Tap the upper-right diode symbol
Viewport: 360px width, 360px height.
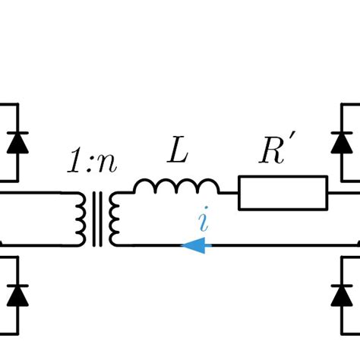click(x=343, y=142)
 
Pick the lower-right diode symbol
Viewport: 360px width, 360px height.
click(x=343, y=294)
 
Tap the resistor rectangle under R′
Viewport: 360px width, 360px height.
click(x=283, y=193)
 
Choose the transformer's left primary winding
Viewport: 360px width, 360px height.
click(x=81, y=219)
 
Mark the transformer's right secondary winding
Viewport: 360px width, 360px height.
click(x=115, y=219)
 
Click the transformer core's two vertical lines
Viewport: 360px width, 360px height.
click(x=97, y=219)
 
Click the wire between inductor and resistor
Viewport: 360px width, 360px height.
click(x=229, y=193)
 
